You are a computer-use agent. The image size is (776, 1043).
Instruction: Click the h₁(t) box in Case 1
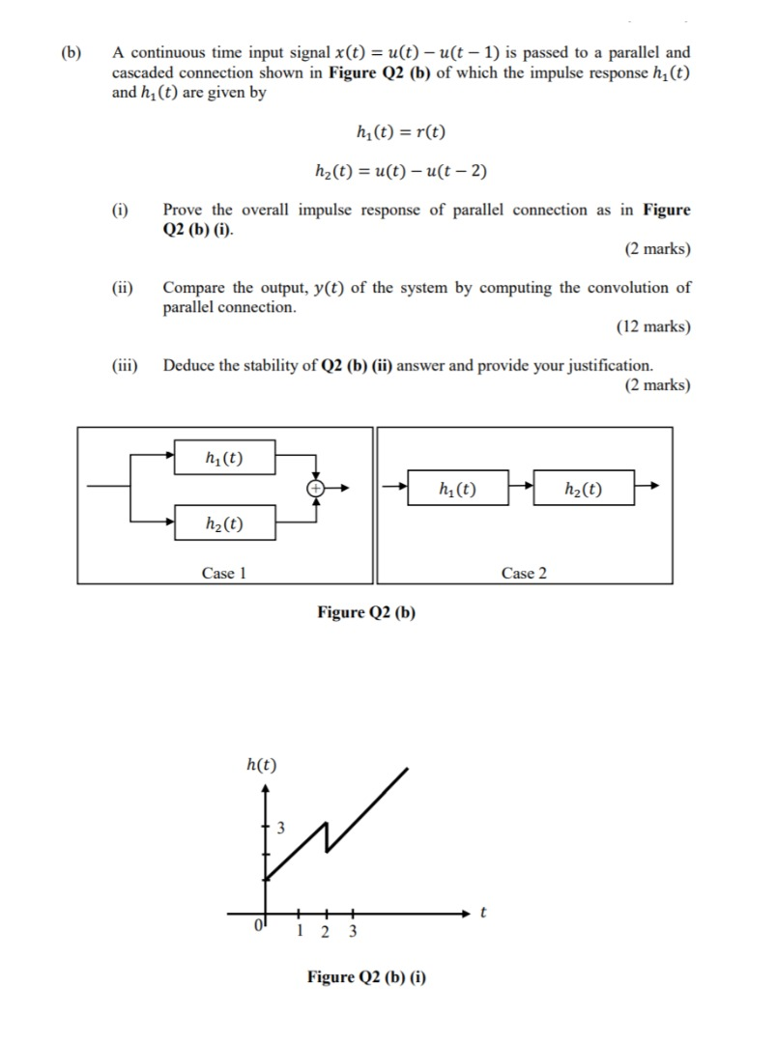[225, 458]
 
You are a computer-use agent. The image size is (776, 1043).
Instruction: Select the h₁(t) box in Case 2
[457, 489]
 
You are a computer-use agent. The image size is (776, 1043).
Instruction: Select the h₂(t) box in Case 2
[584, 489]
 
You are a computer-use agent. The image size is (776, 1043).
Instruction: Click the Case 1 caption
[224, 574]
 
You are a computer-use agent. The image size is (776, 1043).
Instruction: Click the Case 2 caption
[524, 574]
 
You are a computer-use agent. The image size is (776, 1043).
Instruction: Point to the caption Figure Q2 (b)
[366, 612]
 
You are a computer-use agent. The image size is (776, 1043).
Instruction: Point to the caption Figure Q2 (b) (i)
[366, 977]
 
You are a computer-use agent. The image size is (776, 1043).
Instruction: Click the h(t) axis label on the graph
[261, 766]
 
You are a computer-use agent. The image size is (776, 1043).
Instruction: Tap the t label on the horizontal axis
[484, 912]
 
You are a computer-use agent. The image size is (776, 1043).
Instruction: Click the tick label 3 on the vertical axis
[281, 828]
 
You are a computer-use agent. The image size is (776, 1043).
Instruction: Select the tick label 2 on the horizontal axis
[325, 932]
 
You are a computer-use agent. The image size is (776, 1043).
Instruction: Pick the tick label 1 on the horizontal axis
[302, 932]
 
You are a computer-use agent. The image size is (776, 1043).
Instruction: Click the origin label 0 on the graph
[258, 926]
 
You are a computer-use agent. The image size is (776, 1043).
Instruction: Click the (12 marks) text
[653, 326]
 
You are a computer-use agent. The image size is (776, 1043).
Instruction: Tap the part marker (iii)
[124, 366]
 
